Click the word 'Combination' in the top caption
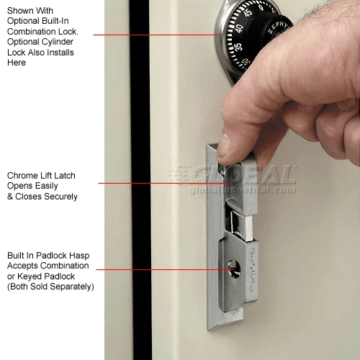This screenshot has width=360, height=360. (x=30, y=32)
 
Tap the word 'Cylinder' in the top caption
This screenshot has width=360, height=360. (x=59, y=42)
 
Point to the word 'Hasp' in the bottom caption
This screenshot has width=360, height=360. (x=80, y=256)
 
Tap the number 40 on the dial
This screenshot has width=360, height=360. (x=239, y=28)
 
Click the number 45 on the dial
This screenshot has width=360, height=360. (x=248, y=12)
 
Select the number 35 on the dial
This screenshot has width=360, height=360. (x=238, y=47)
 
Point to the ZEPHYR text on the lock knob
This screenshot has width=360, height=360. (x=278, y=27)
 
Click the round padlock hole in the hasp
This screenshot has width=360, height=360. (x=234, y=269)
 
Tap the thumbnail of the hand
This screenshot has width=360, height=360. (x=224, y=145)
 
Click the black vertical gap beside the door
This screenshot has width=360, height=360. (x=140, y=180)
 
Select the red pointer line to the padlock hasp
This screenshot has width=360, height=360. (x=166, y=269)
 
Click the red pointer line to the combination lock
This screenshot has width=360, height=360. (x=157, y=35)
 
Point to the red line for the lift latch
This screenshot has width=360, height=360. (x=163, y=183)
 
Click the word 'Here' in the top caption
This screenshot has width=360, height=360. (x=17, y=63)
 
